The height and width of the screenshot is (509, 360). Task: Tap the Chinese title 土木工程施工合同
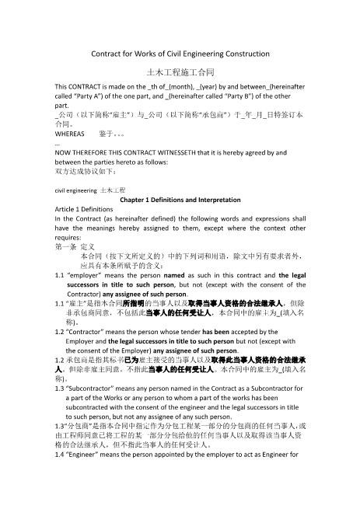tap(180, 70)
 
